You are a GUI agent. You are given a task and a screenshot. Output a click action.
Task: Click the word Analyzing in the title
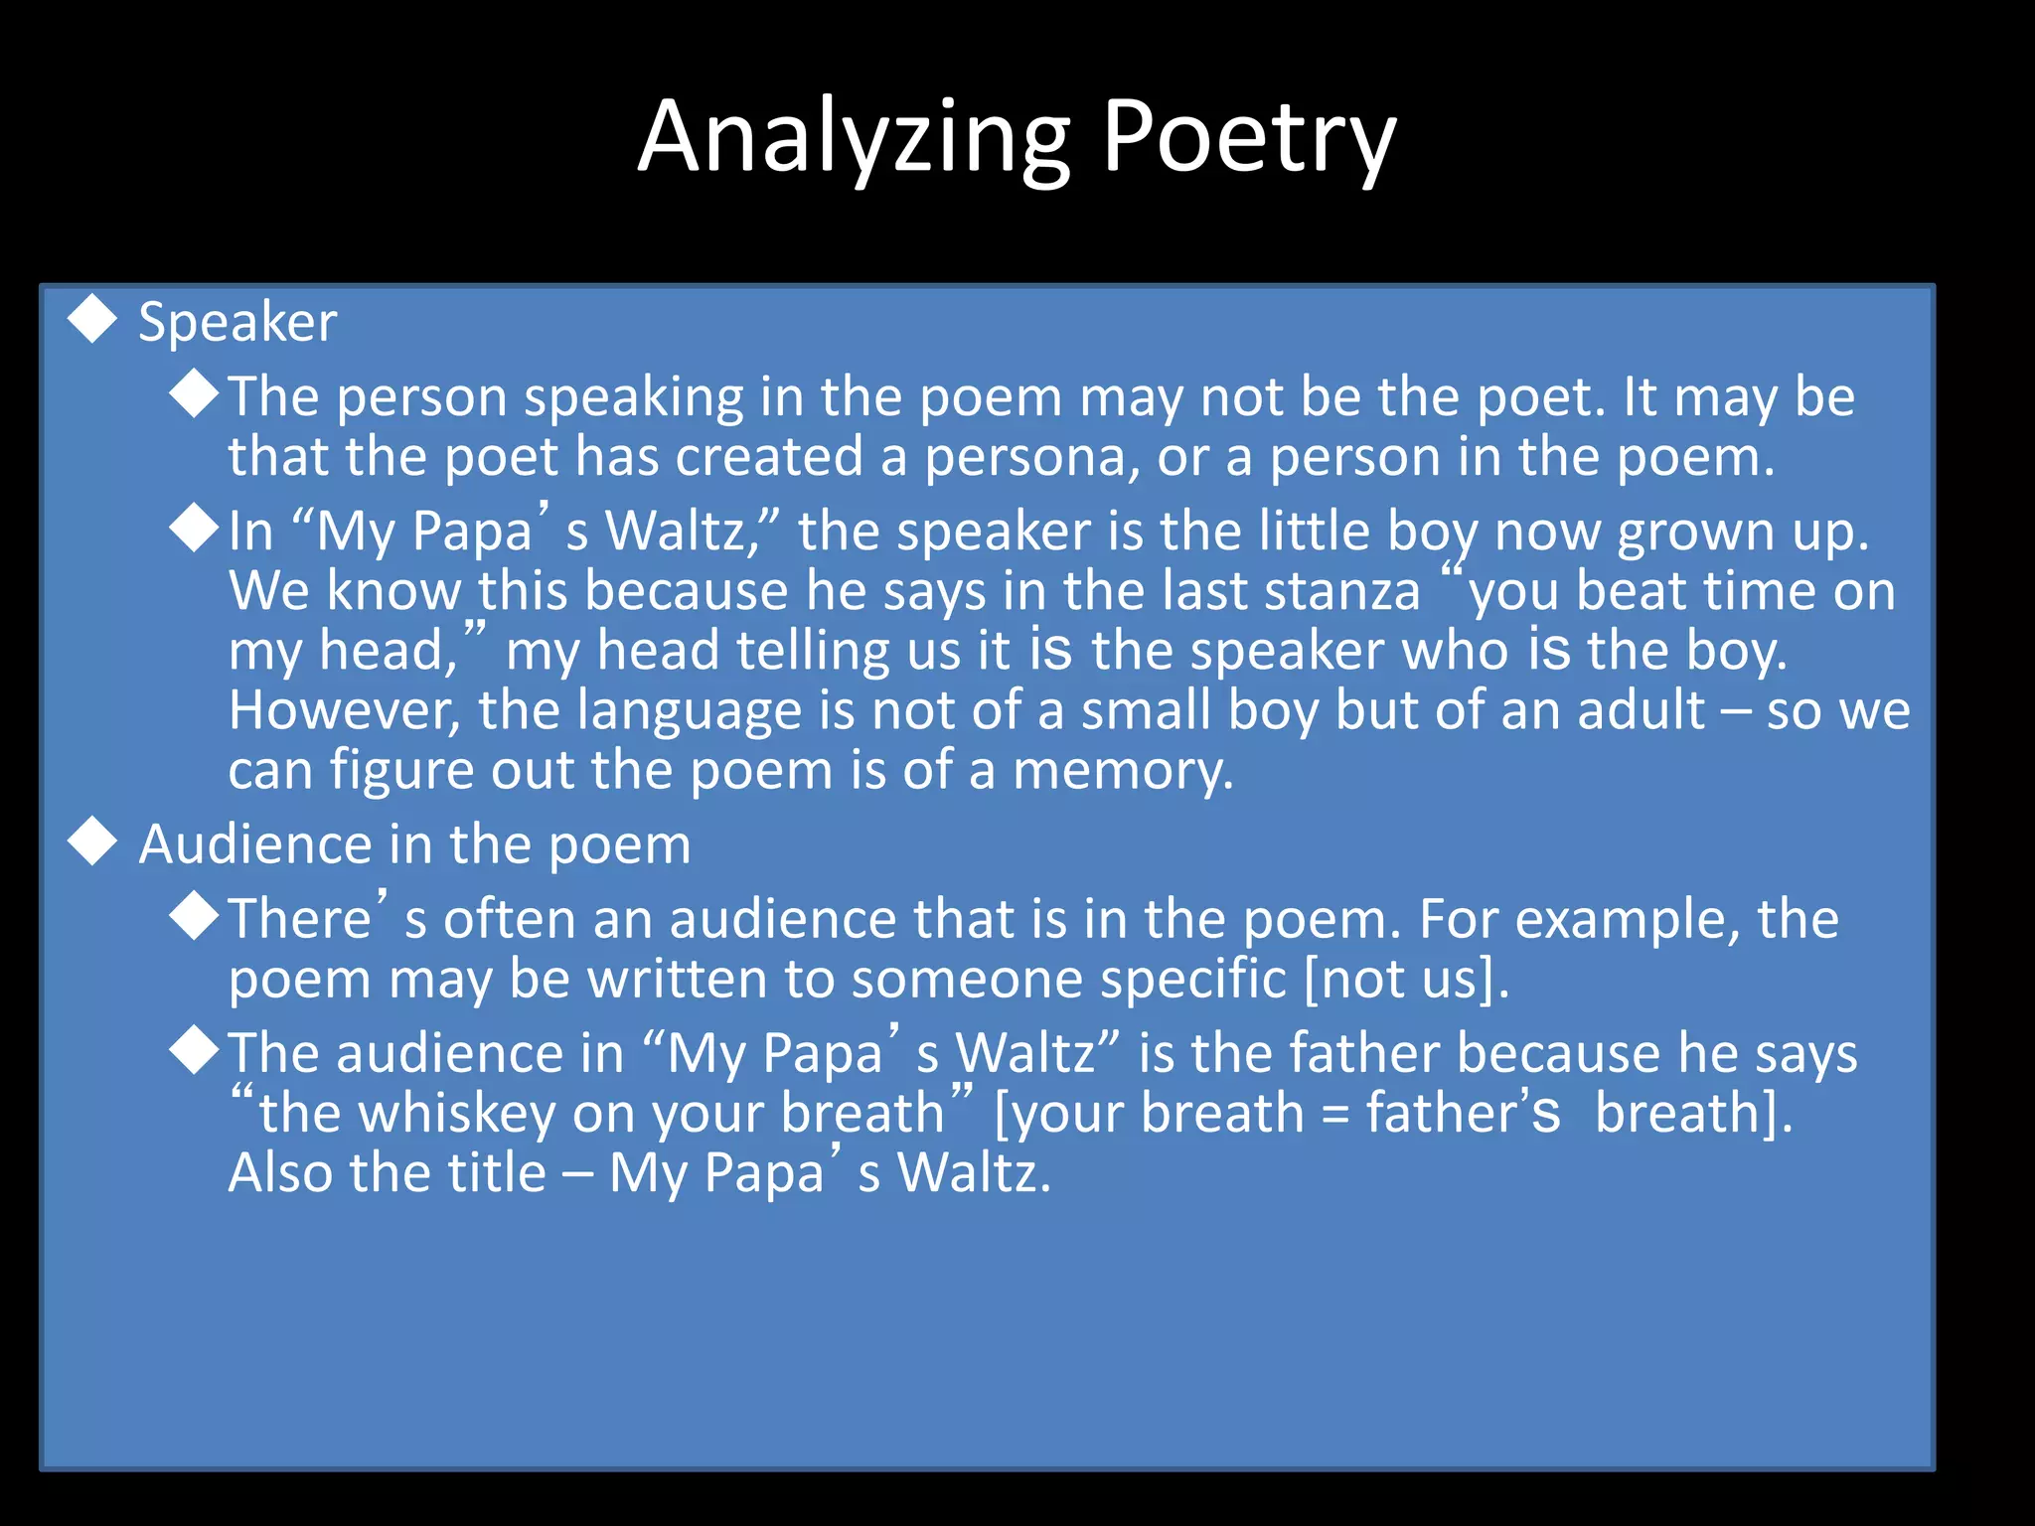[855, 139]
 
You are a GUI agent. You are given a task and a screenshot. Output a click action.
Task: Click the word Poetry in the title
[1249, 139]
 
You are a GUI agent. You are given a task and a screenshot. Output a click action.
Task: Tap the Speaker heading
[237, 323]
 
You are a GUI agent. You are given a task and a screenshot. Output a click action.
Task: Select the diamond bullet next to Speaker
[92, 319]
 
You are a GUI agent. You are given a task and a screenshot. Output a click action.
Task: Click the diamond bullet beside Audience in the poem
[92, 840]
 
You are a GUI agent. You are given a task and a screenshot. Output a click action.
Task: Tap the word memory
[1123, 771]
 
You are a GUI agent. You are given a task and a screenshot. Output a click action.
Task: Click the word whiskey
[456, 1114]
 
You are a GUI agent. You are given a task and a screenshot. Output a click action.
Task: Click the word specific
[1196, 981]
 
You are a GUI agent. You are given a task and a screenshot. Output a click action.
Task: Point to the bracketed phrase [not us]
[1406, 981]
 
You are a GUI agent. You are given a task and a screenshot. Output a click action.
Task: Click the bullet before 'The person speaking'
[194, 393]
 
